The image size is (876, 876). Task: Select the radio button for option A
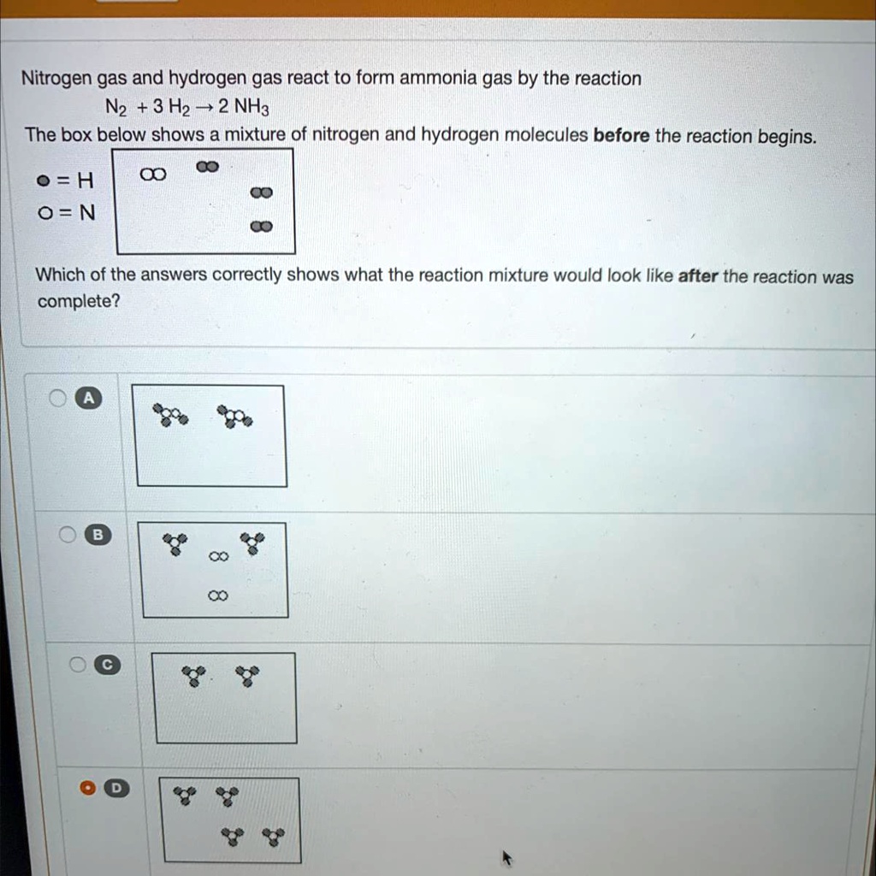point(57,398)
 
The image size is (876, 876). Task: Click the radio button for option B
point(68,536)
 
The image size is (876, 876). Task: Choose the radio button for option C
point(78,665)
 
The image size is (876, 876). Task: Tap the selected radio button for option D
point(87,789)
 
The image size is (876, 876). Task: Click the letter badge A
point(87,398)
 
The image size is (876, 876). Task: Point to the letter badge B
point(98,536)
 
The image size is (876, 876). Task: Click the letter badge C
point(107,665)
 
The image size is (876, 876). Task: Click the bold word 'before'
point(621,136)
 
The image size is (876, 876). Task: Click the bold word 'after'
point(698,276)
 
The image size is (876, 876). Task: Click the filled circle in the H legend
point(41,181)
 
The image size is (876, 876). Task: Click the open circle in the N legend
point(41,213)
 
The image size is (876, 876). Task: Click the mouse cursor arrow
point(507,856)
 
